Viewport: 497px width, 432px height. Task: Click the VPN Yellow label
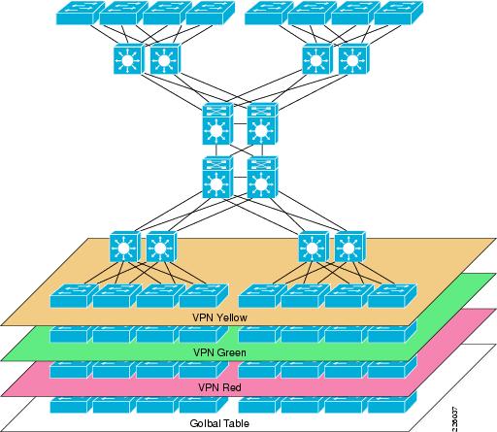(x=219, y=317)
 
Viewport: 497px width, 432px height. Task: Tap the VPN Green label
(x=219, y=352)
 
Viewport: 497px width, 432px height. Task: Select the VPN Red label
(x=219, y=387)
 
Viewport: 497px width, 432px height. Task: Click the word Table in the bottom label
(x=237, y=423)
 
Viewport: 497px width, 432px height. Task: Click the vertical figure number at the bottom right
(x=454, y=419)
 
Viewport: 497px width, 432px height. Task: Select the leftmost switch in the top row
(x=81, y=13)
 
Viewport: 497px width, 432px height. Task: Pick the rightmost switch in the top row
(x=399, y=13)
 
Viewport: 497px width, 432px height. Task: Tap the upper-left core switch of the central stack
(x=217, y=124)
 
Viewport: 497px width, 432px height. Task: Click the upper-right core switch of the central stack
(x=262, y=124)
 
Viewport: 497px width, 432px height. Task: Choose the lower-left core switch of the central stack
(x=217, y=178)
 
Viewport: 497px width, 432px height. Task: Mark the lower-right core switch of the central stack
(x=262, y=178)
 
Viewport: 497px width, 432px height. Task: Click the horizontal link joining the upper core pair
(x=240, y=124)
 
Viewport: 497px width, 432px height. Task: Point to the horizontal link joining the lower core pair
(x=240, y=178)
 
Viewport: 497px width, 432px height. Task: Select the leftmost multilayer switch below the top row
(x=128, y=59)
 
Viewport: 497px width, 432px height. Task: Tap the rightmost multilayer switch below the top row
(x=353, y=59)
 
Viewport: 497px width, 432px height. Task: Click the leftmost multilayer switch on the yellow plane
(x=124, y=247)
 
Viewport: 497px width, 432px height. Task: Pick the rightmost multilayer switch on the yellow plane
(x=350, y=247)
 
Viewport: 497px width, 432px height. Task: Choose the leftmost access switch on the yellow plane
(x=74, y=296)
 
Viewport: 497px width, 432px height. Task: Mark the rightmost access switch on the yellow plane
(x=392, y=296)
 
